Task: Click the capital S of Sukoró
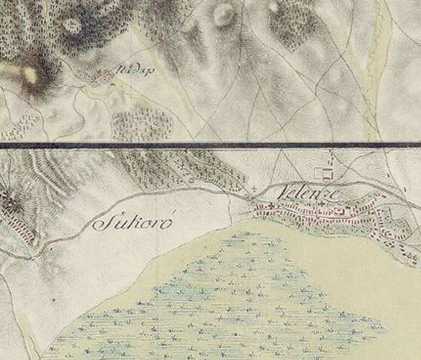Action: coord(102,224)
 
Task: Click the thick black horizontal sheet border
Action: coord(210,145)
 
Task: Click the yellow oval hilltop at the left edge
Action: coord(30,74)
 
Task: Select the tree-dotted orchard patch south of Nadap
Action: coord(142,125)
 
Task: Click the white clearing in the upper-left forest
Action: coord(72,24)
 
